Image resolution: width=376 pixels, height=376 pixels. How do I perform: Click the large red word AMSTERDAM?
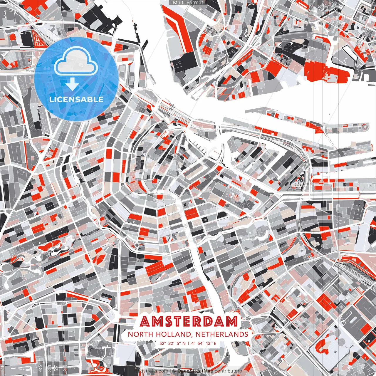(x=188, y=322)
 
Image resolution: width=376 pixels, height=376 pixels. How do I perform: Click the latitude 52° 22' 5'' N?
(x=172, y=343)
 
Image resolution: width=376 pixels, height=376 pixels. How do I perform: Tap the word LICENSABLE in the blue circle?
(x=76, y=99)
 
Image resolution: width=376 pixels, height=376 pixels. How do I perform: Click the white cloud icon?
(x=76, y=61)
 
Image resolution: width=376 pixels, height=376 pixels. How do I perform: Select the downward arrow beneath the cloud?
(x=72, y=85)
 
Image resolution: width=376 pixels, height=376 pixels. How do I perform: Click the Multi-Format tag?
(x=188, y=3)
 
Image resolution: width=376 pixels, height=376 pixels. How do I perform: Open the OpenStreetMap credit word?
(x=195, y=371)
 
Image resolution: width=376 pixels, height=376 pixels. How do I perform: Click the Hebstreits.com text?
(x=152, y=371)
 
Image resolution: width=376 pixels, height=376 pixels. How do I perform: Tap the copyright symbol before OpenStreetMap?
(x=174, y=371)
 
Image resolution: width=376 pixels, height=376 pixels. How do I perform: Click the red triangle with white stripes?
(x=38, y=38)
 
